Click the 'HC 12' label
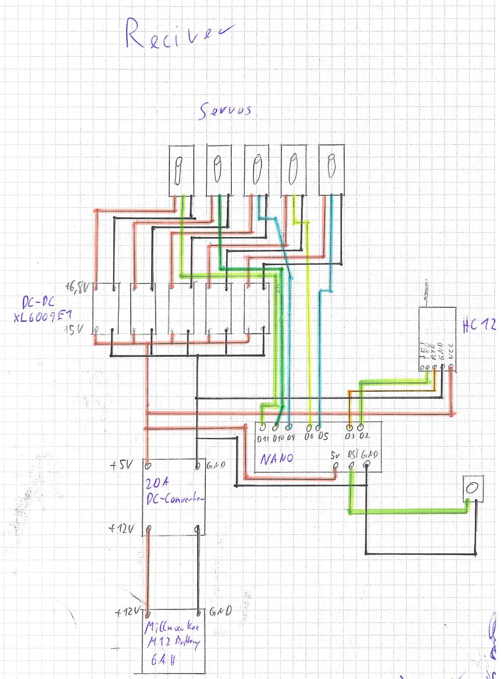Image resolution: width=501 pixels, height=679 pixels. [479, 326]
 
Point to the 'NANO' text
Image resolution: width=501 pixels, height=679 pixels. [276, 458]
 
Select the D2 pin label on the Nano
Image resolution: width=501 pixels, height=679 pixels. [364, 436]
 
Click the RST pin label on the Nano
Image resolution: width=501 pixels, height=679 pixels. [352, 455]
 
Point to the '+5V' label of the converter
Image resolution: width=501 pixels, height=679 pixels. [121, 465]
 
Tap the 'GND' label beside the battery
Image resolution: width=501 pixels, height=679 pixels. [220, 612]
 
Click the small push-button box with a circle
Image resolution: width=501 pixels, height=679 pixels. [472, 488]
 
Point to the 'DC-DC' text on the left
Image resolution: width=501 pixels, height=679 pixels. [38, 303]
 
